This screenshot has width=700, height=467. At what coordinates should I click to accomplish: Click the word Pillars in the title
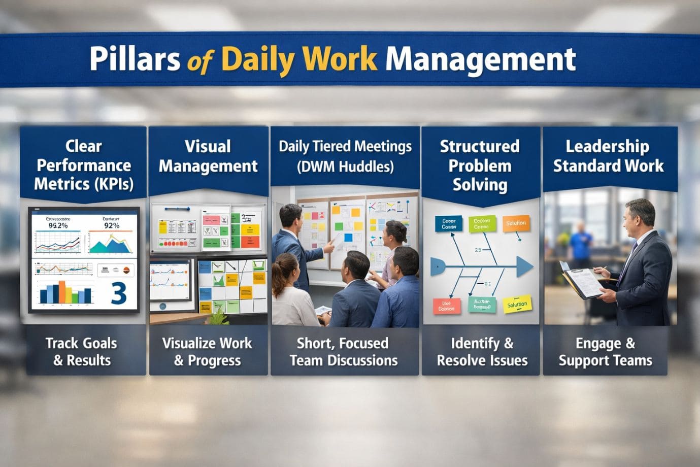(x=135, y=60)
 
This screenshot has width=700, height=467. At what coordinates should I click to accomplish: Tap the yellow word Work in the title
(x=342, y=60)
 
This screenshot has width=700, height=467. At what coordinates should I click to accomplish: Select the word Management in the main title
(x=480, y=60)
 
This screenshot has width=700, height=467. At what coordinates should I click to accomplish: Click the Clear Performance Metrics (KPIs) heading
(x=84, y=165)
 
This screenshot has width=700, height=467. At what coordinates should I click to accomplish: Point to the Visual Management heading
(x=208, y=156)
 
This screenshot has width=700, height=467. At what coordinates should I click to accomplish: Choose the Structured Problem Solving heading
(x=480, y=165)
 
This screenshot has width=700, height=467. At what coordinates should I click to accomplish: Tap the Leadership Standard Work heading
(x=608, y=156)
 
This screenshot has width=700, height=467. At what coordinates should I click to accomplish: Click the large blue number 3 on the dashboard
(x=119, y=293)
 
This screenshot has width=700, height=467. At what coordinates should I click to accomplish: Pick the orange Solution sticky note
(x=516, y=223)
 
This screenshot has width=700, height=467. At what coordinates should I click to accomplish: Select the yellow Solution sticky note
(x=517, y=305)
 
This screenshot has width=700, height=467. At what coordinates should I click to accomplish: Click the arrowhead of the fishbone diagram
(x=524, y=266)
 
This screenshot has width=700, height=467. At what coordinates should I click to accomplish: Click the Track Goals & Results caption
(x=82, y=352)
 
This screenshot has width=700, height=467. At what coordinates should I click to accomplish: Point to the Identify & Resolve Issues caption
(x=482, y=352)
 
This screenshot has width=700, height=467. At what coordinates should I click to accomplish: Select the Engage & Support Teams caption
(x=605, y=352)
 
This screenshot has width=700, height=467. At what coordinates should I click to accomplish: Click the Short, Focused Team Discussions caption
(x=343, y=352)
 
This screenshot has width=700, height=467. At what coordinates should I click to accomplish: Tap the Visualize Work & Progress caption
(x=207, y=352)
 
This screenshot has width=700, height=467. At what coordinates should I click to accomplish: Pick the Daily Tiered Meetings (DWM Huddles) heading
(x=345, y=156)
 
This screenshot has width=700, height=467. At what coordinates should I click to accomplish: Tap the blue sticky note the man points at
(x=348, y=238)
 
